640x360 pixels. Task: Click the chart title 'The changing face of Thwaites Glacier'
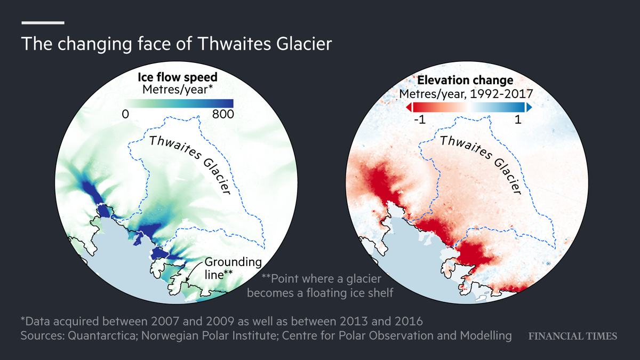(x=176, y=44)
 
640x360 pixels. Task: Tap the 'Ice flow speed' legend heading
(x=178, y=77)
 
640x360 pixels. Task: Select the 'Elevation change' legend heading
(x=465, y=81)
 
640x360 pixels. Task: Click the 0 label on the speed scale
(x=125, y=115)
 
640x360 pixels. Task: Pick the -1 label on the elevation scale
(x=418, y=121)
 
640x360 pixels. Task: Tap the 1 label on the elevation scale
(x=518, y=121)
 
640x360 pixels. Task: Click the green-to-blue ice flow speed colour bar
(x=178, y=103)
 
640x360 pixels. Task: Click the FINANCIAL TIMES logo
(x=572, y=336)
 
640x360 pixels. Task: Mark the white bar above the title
(x=43, y=23)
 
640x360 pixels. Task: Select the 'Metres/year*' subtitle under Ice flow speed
(x=178, y=90)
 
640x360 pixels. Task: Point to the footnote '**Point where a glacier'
(x=326, y=278)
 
